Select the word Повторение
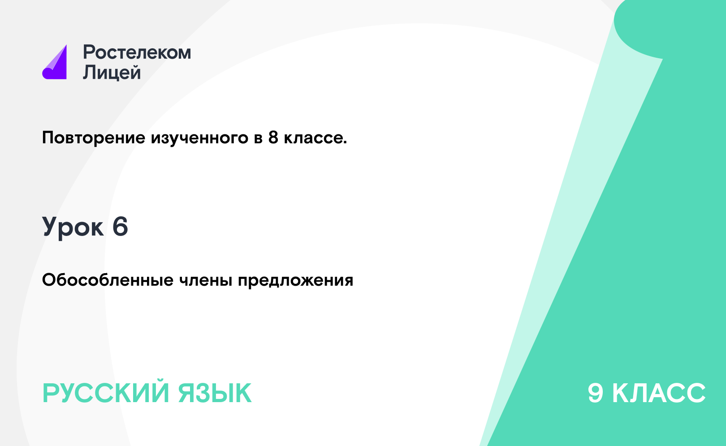[94, 138]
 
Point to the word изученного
[199, 138]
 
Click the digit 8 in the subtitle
[273, 137]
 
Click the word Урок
[73, 227]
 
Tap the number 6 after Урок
[120, 227]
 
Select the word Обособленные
[108, 280]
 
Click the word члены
[206, 280]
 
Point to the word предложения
[295, 280]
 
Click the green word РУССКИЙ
[106, 393]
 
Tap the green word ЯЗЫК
[215, 393]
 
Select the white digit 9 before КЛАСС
[596, 393]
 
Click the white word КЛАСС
[659, 393]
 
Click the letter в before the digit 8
[258, 138]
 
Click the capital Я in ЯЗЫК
[187, 393]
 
